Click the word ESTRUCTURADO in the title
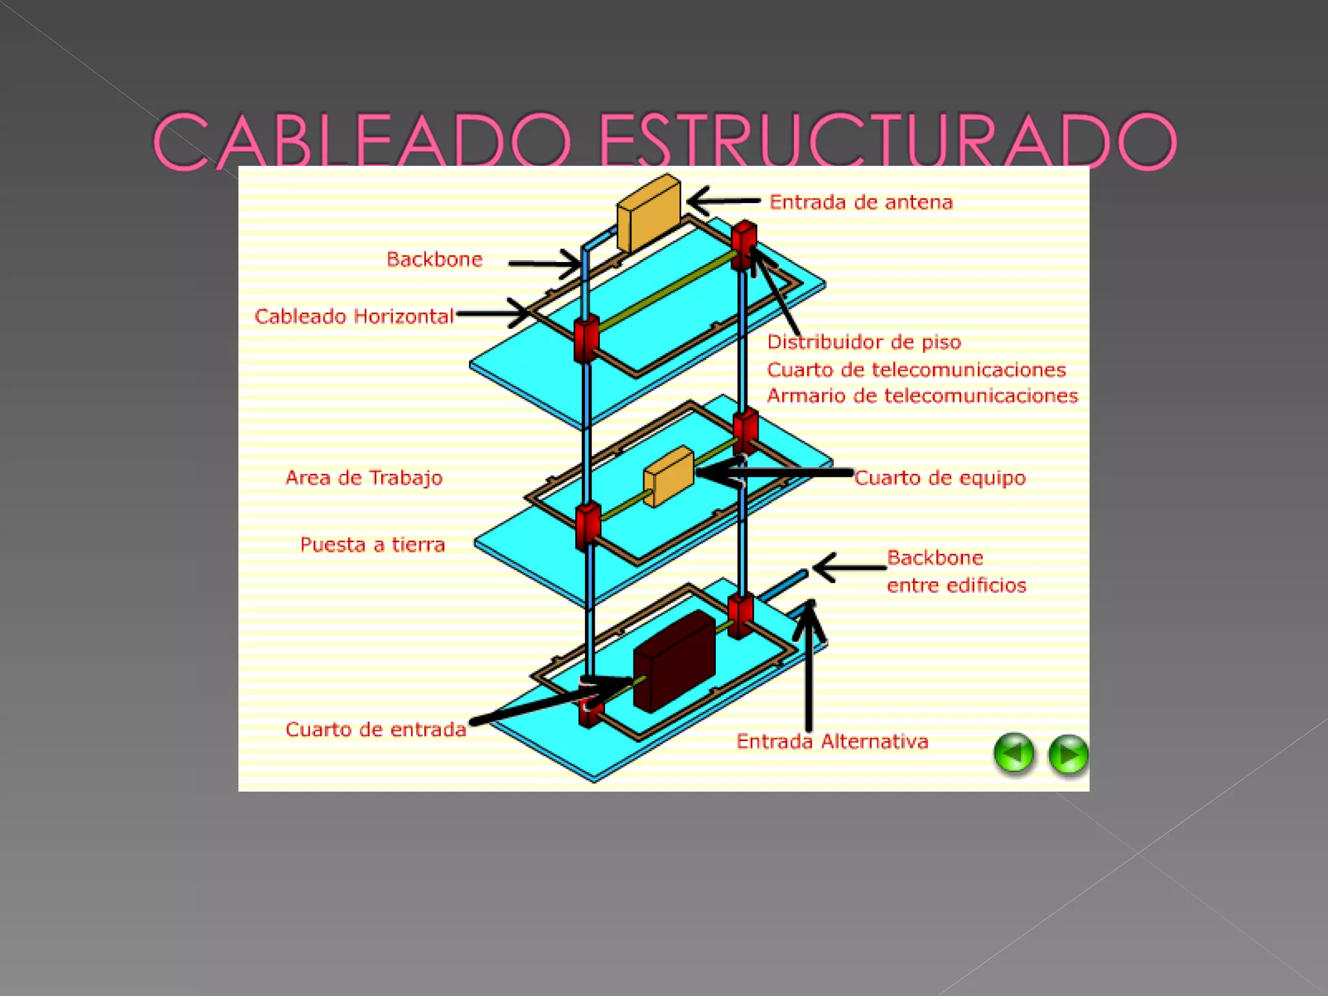(x=887, y=141)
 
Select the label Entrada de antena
(x=861, y=202)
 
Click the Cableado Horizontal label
(x=354, y=316)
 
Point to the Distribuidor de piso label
(x=864, y=342)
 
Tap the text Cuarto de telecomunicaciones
(x=916, y=370)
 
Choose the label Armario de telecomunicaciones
(x=922, y=396)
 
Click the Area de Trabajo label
(x=364, y=478)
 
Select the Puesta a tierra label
(x=372, y=545)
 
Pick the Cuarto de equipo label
(x=940, y=478)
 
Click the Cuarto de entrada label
(x=375, y=729)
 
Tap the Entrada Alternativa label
(x=832, y=741)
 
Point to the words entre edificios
(x=956, y=586)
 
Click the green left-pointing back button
(x=1014, y=753)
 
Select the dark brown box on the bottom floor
(x=674, y=661)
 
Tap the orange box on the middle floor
(x=669, y=477)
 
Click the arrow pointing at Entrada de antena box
(x=722, y=201)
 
